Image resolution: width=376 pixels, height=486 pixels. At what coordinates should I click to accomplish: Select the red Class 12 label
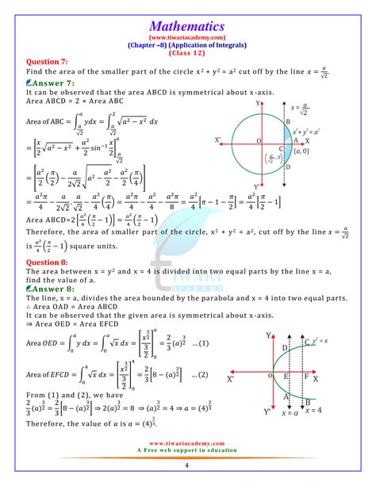[188, 52]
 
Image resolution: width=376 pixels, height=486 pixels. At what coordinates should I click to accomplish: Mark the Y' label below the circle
[258, 187]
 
